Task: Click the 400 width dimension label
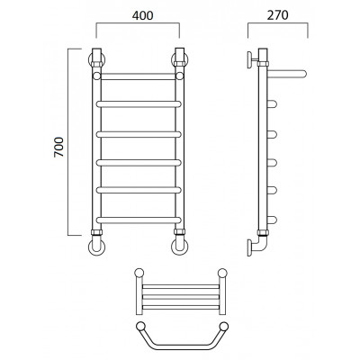point(142,15)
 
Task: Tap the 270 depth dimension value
point(278,15)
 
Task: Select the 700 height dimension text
point(59,147)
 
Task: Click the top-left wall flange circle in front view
point(90,60)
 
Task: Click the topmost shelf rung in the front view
point(138,76)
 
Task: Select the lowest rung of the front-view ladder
point(139,220)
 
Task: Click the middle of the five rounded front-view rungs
point(139,163)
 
